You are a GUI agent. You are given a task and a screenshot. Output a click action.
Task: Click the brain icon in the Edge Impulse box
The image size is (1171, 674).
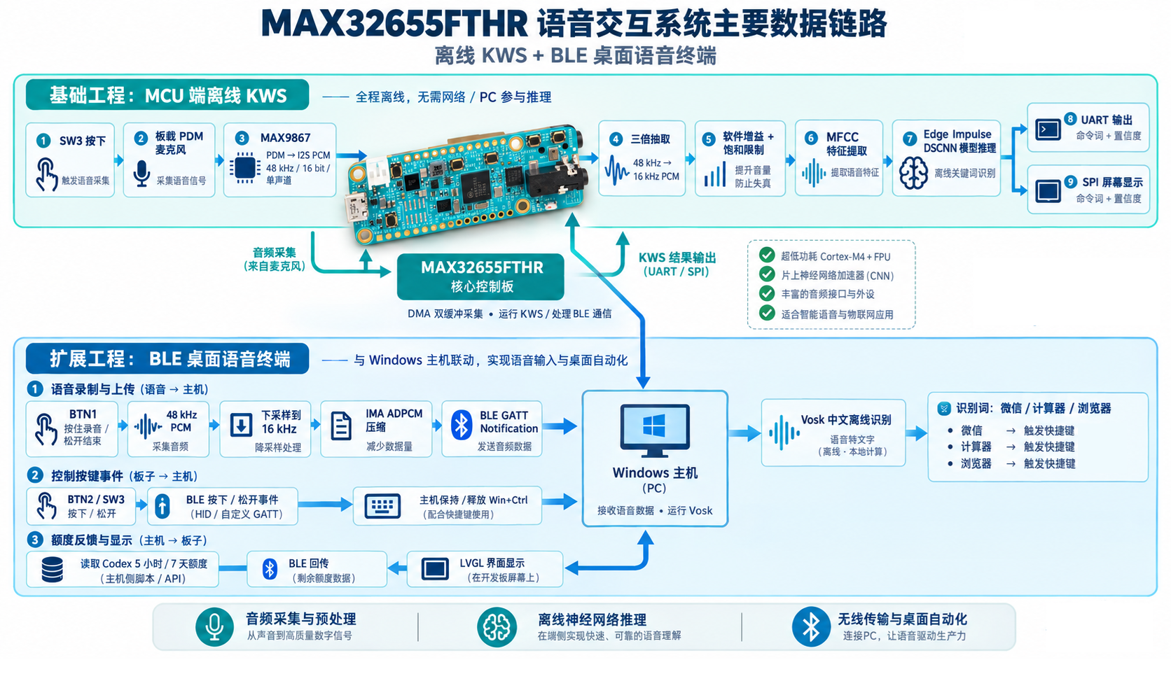[x=913, y=173]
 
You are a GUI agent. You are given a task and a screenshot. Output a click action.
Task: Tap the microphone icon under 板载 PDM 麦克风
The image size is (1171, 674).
[x=141, y=174]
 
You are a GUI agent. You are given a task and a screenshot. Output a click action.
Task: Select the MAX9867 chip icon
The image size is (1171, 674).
[x=244, y=168]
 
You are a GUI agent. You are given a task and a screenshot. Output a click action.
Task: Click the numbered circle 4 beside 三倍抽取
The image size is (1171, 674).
[x=616, y=139]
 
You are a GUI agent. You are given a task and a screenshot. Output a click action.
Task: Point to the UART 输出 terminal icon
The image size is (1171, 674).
[x=1048, y=129]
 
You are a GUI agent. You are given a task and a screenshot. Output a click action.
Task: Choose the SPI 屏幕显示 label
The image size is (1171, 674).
[x=1112, y=183]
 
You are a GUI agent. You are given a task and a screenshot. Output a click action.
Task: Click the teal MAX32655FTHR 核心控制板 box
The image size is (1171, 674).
[x=480, y=277]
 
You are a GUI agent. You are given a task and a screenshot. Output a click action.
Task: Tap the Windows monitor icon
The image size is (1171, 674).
[x=655, y=430]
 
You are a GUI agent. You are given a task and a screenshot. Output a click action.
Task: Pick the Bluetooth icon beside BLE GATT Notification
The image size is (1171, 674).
[x=461, y=426]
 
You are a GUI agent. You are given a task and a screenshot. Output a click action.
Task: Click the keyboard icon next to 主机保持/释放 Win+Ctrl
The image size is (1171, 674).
[x=382, y=506]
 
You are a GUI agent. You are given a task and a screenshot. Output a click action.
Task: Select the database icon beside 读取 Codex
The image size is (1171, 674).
[x=53, y=570]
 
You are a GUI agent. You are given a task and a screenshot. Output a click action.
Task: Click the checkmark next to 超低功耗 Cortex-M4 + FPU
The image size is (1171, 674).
[x=767, y=255]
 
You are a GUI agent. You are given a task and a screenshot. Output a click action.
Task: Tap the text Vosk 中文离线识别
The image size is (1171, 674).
[x=846, y=420]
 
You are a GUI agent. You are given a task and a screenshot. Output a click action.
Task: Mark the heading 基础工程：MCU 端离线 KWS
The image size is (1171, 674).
[x=168, y=96]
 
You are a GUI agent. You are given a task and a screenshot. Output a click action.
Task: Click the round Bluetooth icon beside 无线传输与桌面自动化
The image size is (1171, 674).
[x=811, y=626]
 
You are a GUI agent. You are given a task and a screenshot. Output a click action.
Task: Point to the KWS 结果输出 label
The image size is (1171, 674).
[x=677, y=258]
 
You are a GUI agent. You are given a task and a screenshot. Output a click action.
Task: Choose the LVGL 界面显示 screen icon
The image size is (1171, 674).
[x=435, y=569]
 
